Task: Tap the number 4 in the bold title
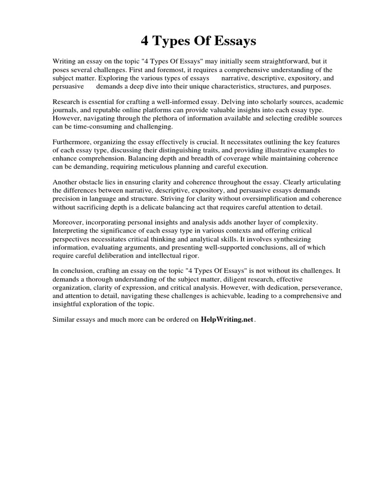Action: [x=145, y=42]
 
